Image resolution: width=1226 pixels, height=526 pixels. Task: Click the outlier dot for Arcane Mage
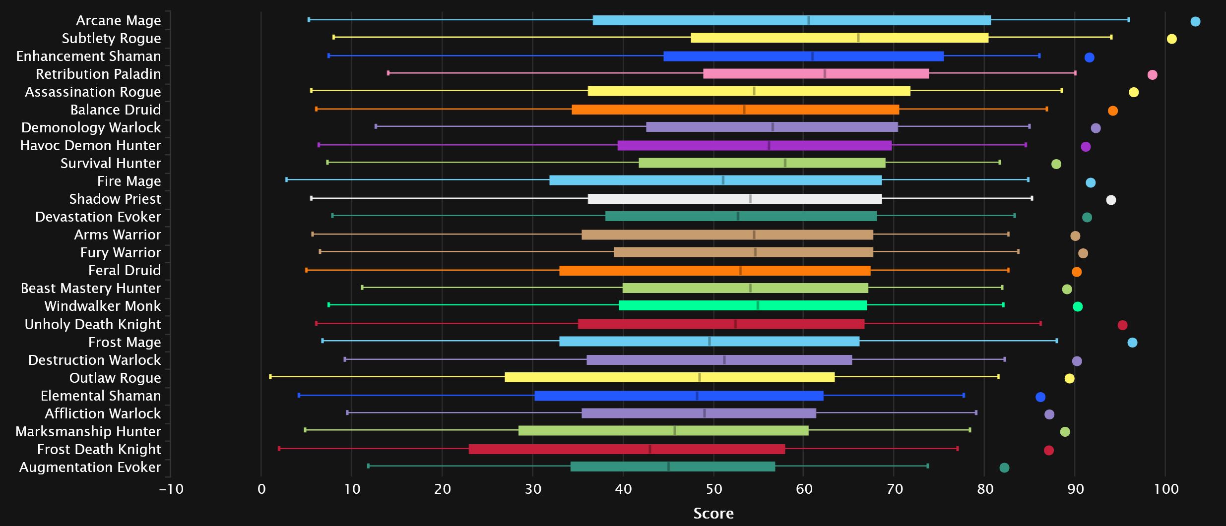(1195, 21)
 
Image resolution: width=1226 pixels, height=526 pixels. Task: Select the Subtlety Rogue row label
(111, 38)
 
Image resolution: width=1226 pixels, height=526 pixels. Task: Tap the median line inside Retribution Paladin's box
(825, 74)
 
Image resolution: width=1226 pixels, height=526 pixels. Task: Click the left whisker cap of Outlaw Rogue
(270, 377)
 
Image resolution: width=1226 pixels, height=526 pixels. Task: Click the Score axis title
(713, 513)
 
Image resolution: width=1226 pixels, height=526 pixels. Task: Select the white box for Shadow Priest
(734, 199)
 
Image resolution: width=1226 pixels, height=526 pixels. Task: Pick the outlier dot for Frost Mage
(1132, 343)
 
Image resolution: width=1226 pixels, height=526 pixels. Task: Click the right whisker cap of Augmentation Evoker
(927, 466)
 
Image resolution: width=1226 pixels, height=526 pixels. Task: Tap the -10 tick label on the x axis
(171, 489)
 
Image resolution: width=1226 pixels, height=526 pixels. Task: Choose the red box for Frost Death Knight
(627, 449)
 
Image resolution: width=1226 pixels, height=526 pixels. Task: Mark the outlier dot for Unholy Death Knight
(1122, 325)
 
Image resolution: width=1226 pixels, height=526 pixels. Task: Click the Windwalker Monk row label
(103, 306)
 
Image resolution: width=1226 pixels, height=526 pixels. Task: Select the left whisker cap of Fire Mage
(287, 179)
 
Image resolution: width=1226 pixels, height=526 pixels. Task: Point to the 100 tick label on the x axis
(1166, 489)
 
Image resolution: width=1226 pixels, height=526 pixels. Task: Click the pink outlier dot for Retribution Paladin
(1153, 75)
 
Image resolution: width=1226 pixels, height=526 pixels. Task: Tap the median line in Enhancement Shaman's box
(812, 56)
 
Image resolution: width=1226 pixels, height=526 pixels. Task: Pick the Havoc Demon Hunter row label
(91, 145)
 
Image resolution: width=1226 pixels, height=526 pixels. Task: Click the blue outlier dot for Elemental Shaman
(1040, 397)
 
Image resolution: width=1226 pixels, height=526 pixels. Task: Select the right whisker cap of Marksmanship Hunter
(969, 430)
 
